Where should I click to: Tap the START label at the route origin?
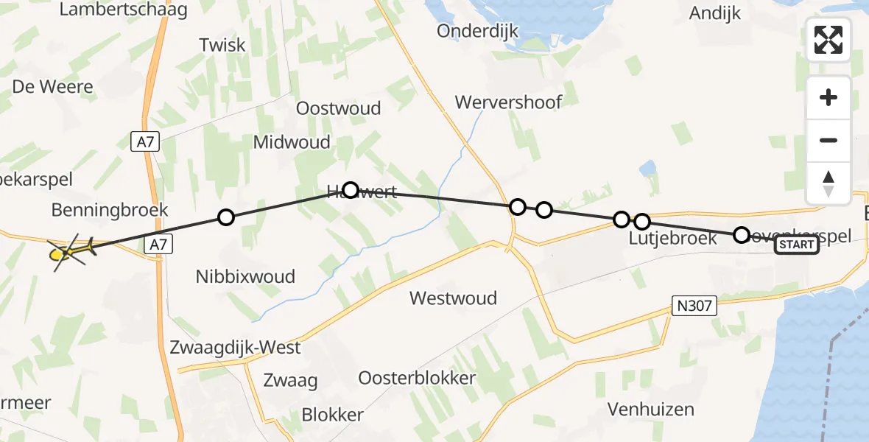(796, 245)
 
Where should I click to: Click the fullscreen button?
(828, 40)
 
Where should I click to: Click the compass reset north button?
(828, 183)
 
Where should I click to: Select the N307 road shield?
(694, 305)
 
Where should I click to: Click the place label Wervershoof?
(508, 102)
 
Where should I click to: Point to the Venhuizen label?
(651, 410)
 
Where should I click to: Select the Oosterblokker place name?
(417, 378)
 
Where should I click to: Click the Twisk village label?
(222, 45)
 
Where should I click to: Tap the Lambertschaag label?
(123, 10)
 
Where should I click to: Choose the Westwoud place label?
(453, 298)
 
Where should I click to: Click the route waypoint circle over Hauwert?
(351, 191)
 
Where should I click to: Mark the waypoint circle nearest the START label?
(742, 235)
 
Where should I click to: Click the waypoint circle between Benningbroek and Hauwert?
(226, 217)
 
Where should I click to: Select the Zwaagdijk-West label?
(235, 347)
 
